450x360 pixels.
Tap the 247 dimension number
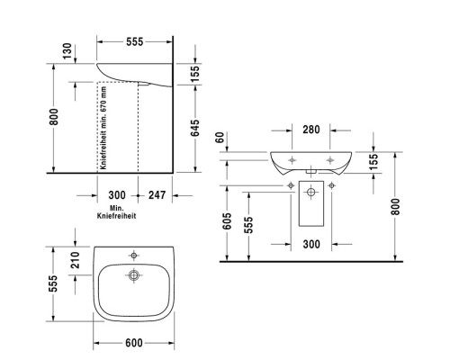157,195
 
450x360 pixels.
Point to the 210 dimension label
76,261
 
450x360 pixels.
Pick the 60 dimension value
221,138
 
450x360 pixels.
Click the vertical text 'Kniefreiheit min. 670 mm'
104,127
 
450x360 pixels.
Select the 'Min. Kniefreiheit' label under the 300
116,212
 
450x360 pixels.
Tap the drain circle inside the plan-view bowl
133,275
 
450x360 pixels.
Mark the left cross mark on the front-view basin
292,160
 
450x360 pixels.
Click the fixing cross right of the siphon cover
332,185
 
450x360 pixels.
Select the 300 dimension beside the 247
116,195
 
